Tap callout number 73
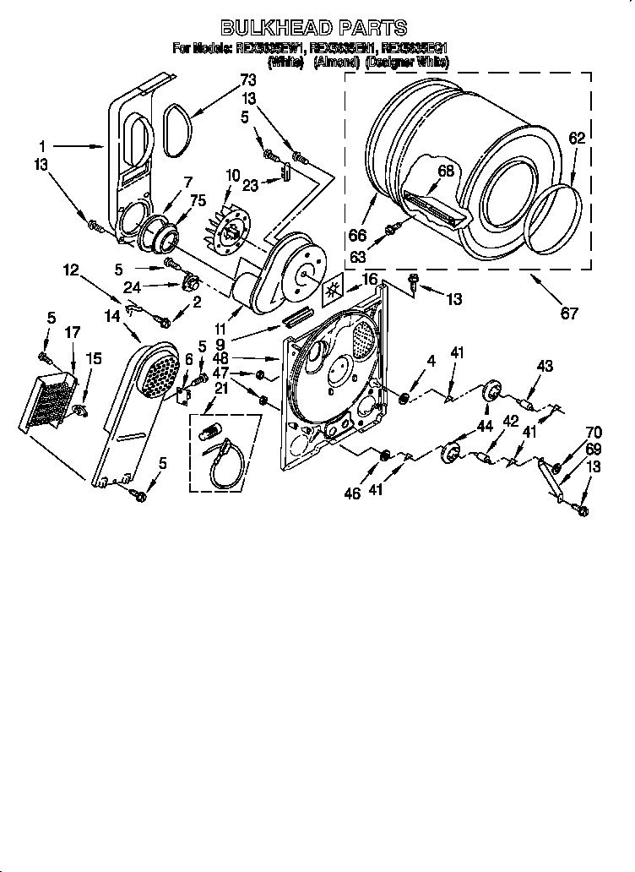[x=247, y=80]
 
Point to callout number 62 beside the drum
[x=575, y=139]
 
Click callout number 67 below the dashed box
[x=570, y=313]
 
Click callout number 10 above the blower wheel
[x=233, y=175]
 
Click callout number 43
[x=545, y=365]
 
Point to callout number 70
[x=594, y=433]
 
